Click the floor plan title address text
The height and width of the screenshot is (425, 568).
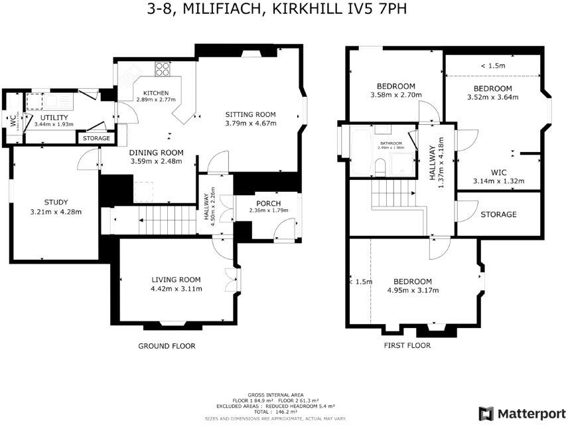pos(283,9)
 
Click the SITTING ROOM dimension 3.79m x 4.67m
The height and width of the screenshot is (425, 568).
pos(250,122)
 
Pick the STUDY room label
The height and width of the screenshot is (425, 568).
pos(56,203)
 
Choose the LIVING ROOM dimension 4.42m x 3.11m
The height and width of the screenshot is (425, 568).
pos(177,289)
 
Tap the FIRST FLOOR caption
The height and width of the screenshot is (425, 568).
pos(407,345)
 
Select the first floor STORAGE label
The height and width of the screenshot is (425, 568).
pos(498,214)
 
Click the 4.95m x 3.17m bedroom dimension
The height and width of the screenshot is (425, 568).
pos(412,290)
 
